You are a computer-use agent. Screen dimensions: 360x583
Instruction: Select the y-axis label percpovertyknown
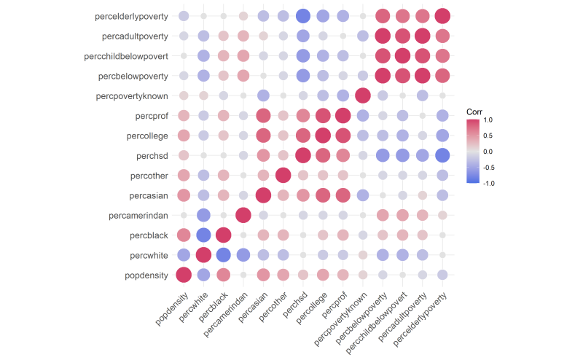[x=133, y=95]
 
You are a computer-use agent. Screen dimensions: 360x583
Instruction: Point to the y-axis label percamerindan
[x=138, y=215]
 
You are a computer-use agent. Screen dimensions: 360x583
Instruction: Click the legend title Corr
[x=474, y=111]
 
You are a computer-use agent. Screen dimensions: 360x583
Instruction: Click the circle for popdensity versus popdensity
[x=184, y=275]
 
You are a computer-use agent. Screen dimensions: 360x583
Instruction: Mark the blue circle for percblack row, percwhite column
[x=203, y=235]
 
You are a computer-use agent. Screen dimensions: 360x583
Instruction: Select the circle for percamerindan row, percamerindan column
[x=243, y=215]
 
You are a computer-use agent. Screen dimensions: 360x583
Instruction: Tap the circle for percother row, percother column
[x=283, y=175]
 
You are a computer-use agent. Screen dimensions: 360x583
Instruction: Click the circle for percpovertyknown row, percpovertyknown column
[x=362, y=95]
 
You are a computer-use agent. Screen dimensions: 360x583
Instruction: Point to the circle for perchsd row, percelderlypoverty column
[x=442, y=155]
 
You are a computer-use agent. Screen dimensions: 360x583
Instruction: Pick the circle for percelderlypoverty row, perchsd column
[x=303, y=16]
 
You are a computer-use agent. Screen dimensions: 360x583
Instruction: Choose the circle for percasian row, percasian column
[x=263, y=195]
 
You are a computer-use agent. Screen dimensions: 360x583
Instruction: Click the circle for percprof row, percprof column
[x=343, y=115]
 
